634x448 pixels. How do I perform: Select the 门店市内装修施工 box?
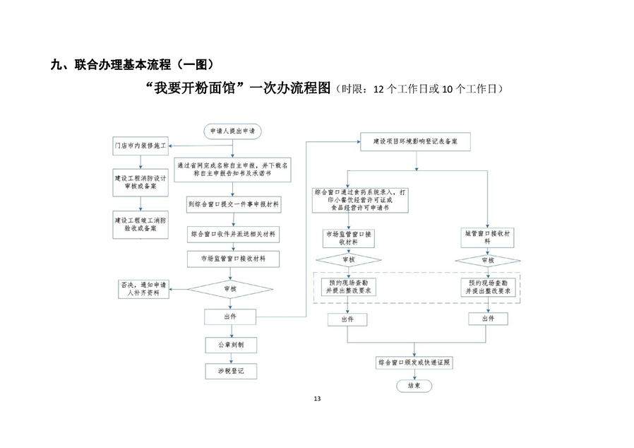140,146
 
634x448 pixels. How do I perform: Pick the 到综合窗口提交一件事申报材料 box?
233,205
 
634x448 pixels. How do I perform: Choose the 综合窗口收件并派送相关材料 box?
233,232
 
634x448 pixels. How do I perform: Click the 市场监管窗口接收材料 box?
233,259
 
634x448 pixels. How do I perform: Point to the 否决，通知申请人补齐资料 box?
144,289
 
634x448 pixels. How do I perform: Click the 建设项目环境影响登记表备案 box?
415,141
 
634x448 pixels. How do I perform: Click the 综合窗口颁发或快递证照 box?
414,362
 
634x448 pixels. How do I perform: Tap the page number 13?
317,400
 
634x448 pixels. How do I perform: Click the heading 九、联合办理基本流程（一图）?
131,65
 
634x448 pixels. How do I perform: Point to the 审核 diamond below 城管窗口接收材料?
487,259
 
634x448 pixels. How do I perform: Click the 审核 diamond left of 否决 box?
229,288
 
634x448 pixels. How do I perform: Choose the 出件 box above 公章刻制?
229,316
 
